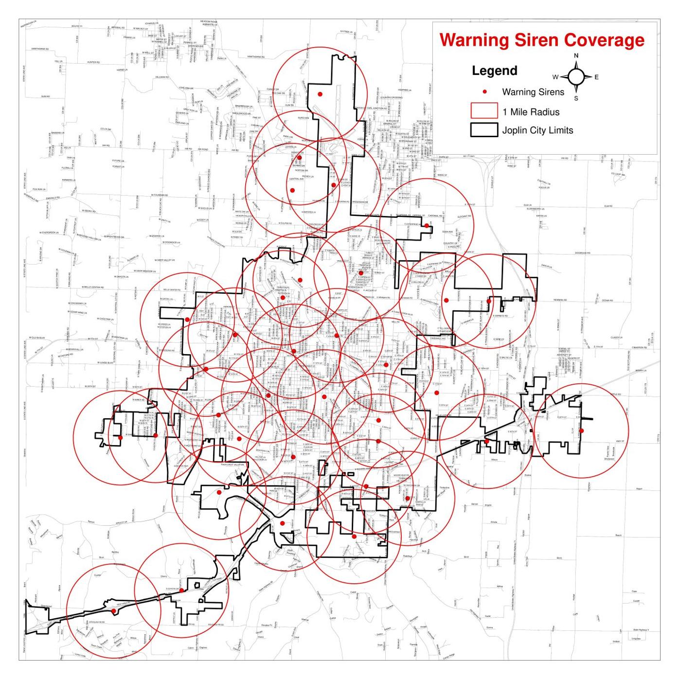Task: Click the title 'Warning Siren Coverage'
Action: pyautogui.click(x=542, y=40)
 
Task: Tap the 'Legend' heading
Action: pyautogui.click(x=494, y=71)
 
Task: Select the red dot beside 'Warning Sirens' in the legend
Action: pyautogui.click(x=484, y=92)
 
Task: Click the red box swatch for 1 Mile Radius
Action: pyautogui.click(x=484, y=111)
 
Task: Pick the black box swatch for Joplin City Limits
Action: pyautogui.click(x=484, y=130)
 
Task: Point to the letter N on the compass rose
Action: pyautogui.click(x=576, y=55)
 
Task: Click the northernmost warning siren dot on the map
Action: pyautogui.click(x=320, y=94)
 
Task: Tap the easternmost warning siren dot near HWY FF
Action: pyautogui.click(x=581, y=430)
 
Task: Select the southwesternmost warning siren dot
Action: pyautogui.click(x=113, y=611)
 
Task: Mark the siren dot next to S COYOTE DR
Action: pyautogui.click(x=181, y=590)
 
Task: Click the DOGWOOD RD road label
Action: pyautogui.click(x=582, y=253)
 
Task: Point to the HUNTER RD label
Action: pyautogui.click(x=93, y=62)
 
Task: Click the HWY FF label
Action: pyautogui.click(x=619, y=441)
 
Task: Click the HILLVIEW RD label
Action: pyautogui.click(x=162, y=77)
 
